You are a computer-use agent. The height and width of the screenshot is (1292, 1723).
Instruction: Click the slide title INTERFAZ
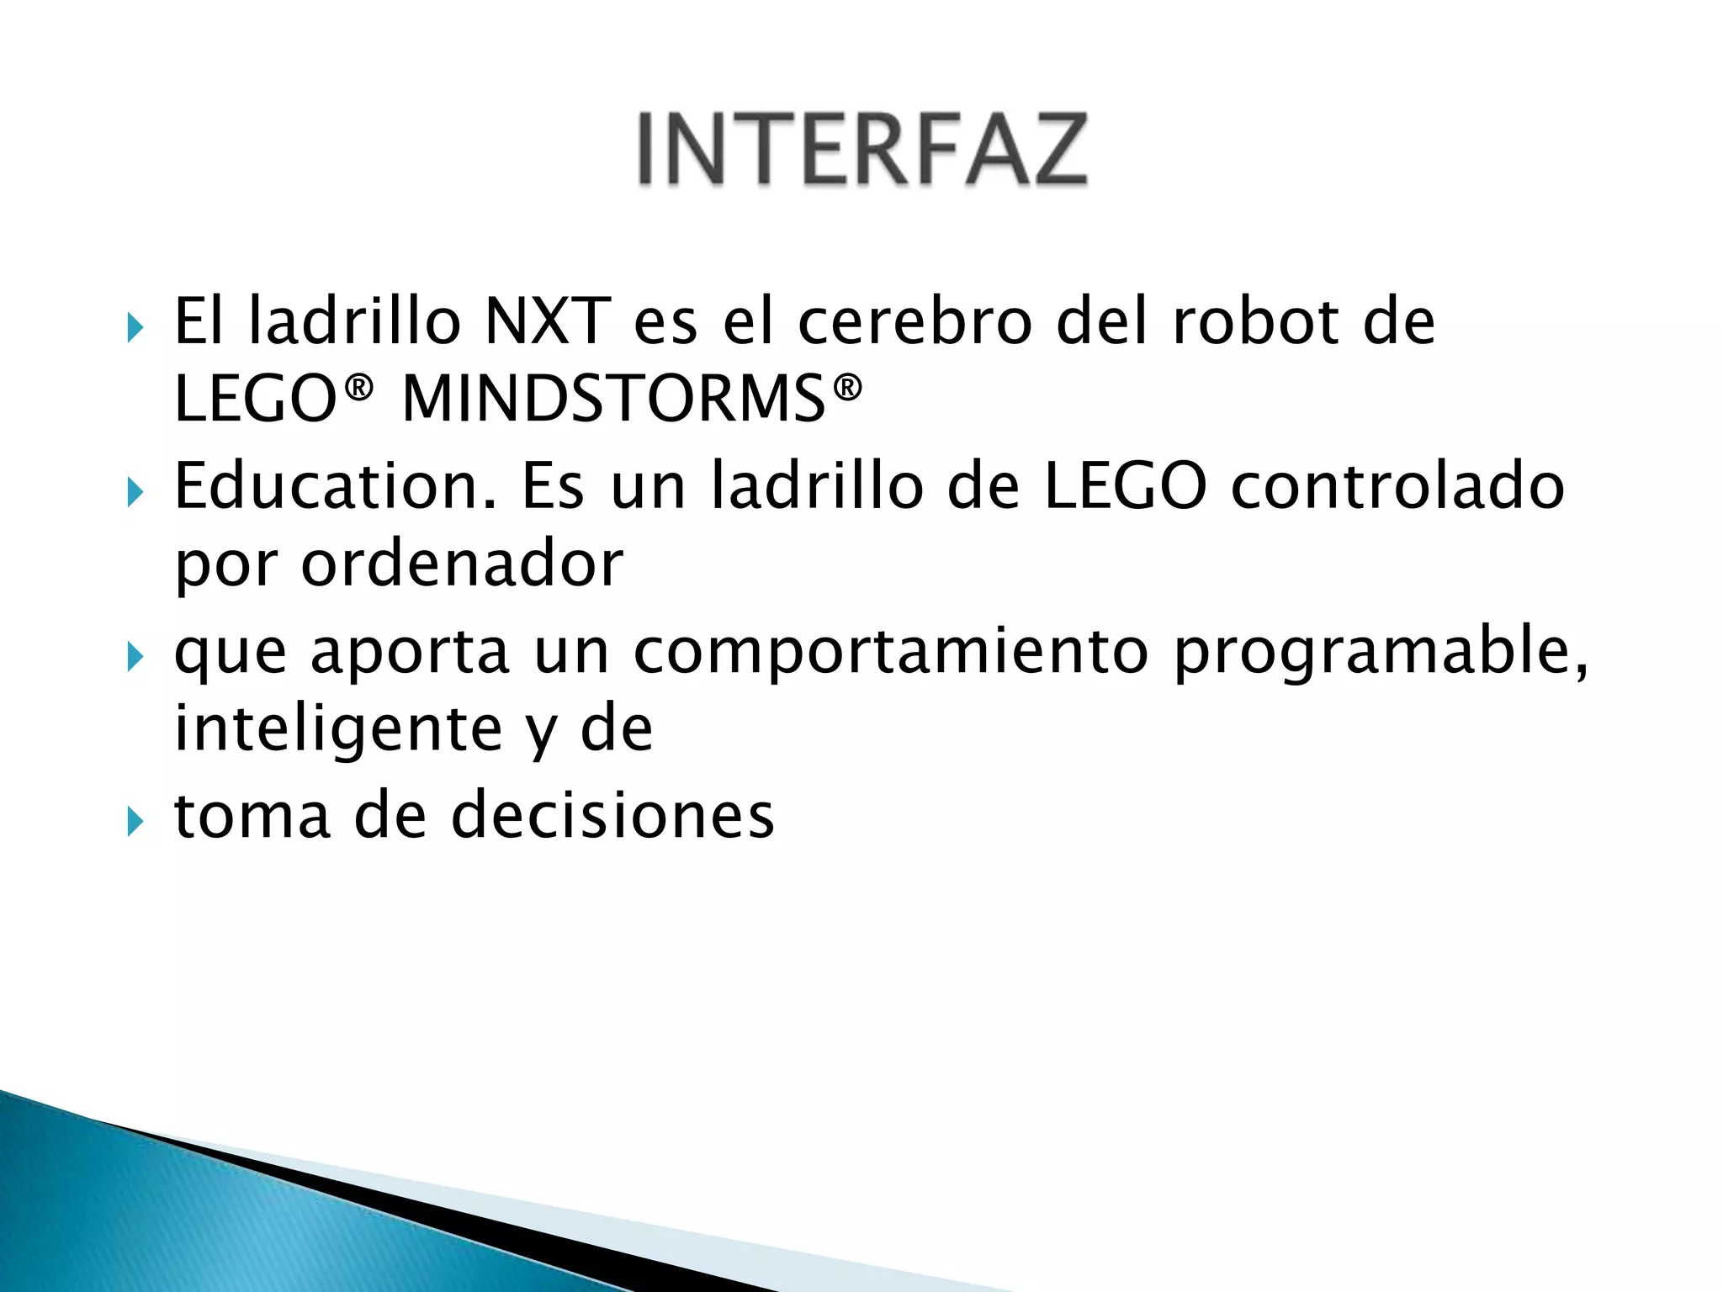(x=861, y=149)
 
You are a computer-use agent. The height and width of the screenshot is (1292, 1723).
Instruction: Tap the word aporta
(x=411, y=651)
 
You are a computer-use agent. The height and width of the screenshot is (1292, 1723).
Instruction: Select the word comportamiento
(x=890, y=651)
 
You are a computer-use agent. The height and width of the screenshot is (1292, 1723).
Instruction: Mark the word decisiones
(x=612, y=816)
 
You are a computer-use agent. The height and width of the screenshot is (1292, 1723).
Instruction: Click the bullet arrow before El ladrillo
(x=135, y=327)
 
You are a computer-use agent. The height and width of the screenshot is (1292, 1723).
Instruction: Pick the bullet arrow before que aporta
(x=135, y=657)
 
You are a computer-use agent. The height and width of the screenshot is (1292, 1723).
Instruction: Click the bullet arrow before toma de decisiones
(x=135, y=821)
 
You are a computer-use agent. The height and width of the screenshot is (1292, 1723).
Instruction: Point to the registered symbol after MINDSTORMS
(x=847, y=388)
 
